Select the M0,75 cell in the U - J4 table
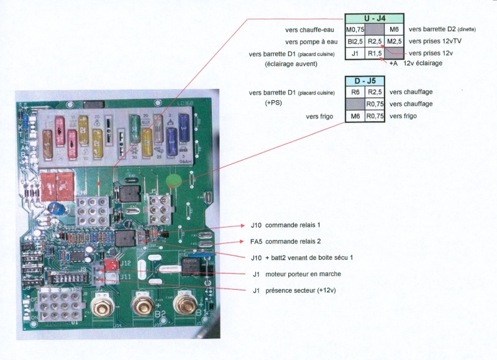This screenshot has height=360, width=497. pos(355,30)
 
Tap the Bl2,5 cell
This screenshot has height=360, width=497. pos(355,42)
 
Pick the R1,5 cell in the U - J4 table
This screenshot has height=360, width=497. pos(375,53)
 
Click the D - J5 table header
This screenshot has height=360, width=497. pos(366,80)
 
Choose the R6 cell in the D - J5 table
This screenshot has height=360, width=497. pos(355,92)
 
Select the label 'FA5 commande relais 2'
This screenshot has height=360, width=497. pos(285,241)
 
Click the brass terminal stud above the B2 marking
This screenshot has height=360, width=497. pos(142,307)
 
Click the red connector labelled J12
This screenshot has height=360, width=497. pos(111,264)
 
